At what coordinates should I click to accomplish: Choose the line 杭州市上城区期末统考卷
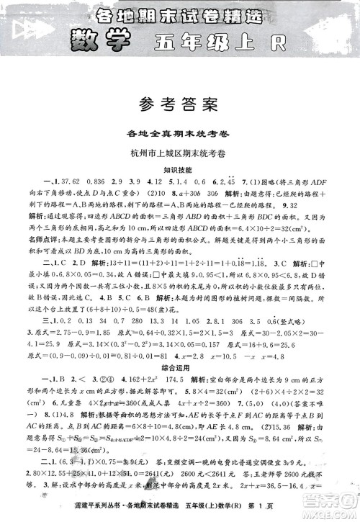[180, 153]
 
